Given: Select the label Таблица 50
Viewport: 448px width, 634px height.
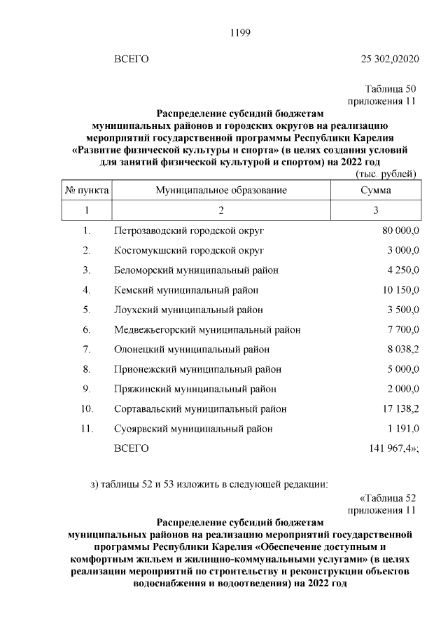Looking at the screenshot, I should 391,90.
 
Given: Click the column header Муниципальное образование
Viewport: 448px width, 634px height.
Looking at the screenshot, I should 221,190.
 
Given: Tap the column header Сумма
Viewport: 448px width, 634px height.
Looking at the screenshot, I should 375,190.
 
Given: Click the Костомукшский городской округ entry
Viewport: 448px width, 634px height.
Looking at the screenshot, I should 188,249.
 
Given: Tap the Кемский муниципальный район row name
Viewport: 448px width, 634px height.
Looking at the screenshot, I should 186,289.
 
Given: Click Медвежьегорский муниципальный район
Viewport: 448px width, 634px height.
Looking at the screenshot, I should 207,329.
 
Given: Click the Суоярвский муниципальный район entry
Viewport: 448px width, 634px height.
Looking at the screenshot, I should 193,429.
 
